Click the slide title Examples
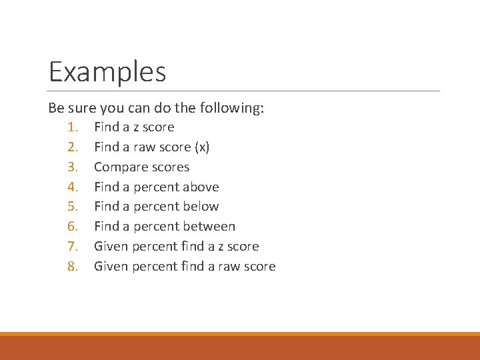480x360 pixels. (x=107, y=71)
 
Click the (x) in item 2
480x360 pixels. (x=201, y=147)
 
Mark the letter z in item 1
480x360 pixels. (x=135, y=127)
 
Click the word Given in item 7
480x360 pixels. (x=111, y=247)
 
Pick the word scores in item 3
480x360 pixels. (x=171, y=167)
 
